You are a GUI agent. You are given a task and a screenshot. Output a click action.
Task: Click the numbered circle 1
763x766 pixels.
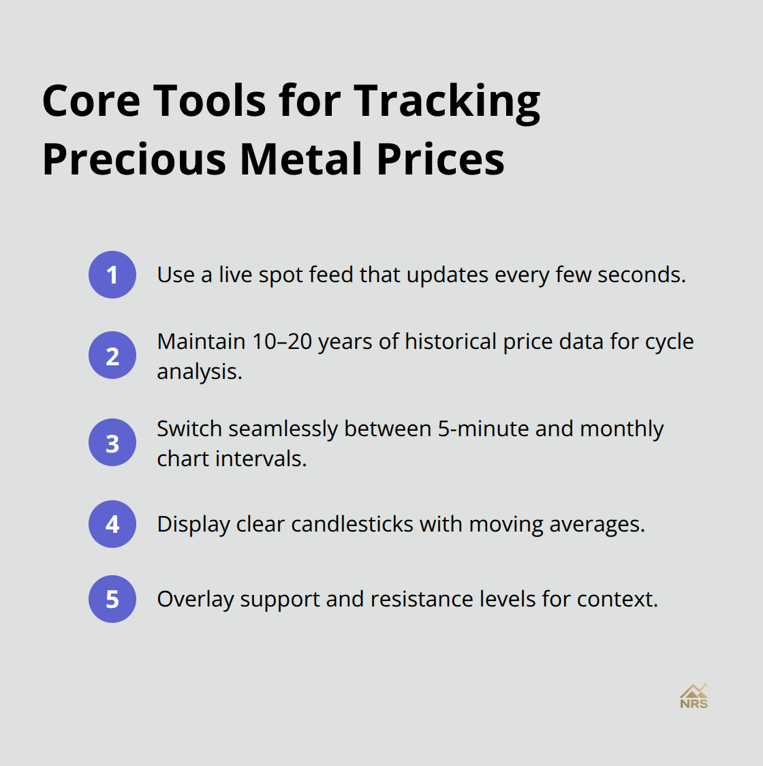point(112,275)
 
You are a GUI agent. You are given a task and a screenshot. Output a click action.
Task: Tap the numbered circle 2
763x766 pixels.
point(112,355)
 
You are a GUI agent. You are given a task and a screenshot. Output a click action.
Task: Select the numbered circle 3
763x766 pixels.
point(112,442)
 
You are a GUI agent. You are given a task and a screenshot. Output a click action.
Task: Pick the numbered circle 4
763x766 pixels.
point(112,524)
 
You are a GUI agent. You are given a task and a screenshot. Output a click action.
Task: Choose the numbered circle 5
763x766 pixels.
point(112,599)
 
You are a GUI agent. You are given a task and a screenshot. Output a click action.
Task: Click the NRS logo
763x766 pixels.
point(694,696)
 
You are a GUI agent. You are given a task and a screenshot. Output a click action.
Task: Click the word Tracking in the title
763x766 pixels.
point(447,102)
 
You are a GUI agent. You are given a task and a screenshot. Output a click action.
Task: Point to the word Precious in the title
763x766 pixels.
point(134,159)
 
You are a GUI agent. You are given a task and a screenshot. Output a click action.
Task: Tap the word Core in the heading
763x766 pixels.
point(90,101)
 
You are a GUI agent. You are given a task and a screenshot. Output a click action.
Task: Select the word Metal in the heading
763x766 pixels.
point(301,159)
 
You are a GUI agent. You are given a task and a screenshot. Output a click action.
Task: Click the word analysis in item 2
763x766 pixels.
point(199,372)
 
